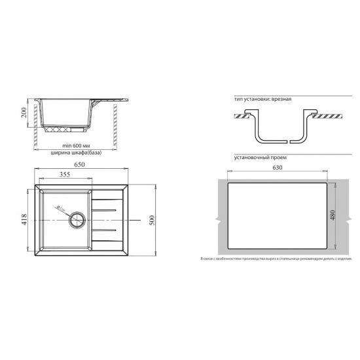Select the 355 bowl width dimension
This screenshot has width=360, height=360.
pyautogui.click(x=65, y=175)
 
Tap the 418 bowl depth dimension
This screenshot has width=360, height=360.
pyautogui.click(x=24, y=221)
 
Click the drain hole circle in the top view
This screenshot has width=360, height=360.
pyautogui.click(x=78, y=221)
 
